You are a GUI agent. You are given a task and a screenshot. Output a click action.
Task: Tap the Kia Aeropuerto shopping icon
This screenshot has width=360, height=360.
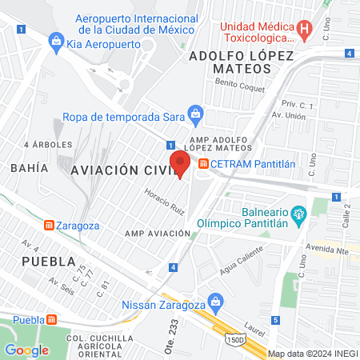pyautogui.click(x=57, y=39)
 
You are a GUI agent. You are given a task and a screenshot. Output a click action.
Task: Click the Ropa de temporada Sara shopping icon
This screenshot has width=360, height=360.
pyautogui.click(x=194, y=114)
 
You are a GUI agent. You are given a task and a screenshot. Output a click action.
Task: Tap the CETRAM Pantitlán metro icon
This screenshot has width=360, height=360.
pyautogui.click(x=203, y=165)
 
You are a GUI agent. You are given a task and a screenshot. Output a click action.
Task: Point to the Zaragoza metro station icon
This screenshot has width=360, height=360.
pyautogui.click(x=50, y=226)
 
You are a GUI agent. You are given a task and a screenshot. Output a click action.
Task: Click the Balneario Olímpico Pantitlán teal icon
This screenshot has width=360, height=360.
pyautogui.click(x=299, y=214)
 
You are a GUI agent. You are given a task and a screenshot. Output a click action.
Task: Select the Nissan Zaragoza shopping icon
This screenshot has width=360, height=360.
pyautogui.click(x=214, y=303)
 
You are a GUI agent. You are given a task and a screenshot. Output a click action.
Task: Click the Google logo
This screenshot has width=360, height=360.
pyautogui.click(x=26, y=350)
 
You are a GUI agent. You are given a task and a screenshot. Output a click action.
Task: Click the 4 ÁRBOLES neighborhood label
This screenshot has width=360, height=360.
pyautogui.click(x=48, y=145)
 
